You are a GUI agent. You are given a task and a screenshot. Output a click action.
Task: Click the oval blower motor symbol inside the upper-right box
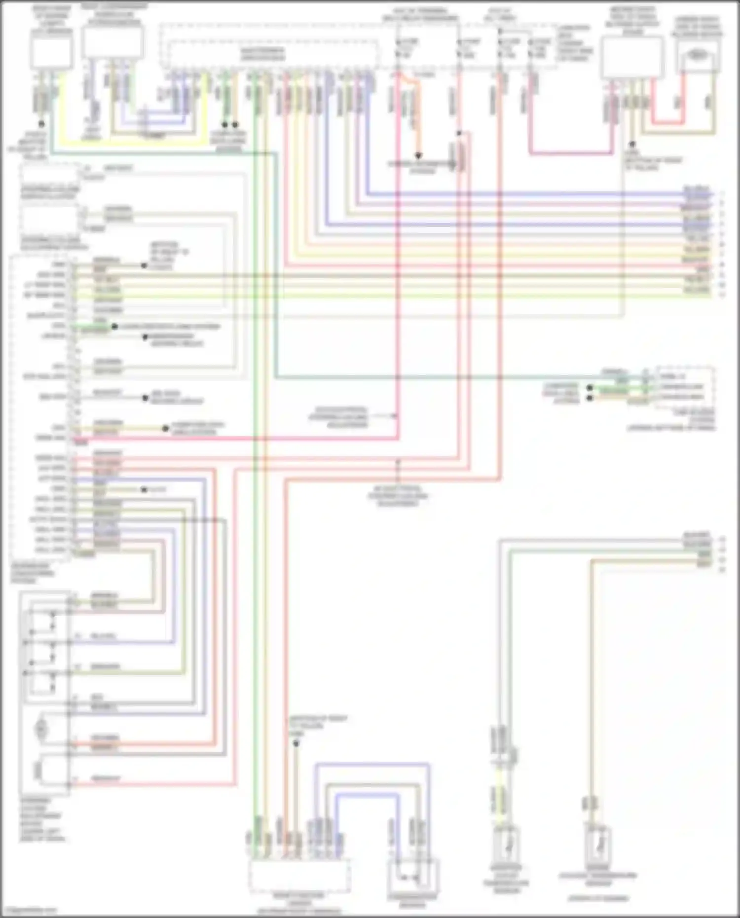(697, 55)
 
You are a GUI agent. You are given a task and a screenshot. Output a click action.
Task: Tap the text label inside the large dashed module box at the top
(262, 54)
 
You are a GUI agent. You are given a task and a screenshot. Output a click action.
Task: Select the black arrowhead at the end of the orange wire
(418, 155)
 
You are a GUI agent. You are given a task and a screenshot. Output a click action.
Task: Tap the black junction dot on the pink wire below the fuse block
(459, 133)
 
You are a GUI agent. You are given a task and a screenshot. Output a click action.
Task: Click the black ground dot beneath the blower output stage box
(632, 145)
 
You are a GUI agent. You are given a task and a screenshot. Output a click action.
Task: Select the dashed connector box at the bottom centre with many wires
(299, 875)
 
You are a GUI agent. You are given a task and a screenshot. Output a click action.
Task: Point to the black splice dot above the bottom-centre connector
(296, 743)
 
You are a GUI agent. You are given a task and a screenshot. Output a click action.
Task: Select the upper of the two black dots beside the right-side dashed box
(590, 388)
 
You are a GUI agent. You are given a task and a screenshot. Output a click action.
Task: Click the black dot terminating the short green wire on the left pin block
(114, 327)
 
